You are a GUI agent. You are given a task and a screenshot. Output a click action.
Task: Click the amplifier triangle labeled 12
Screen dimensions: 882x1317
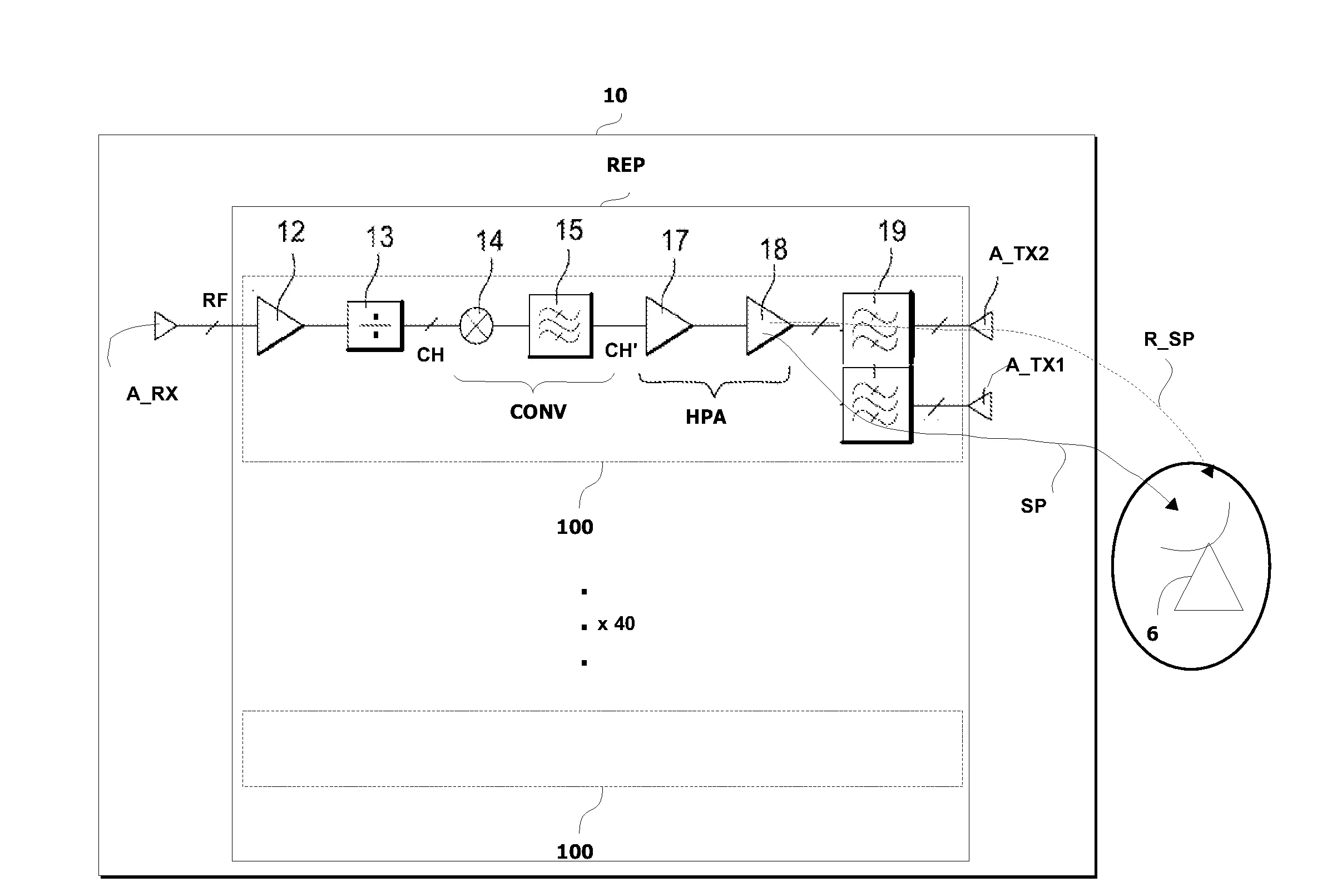[278, 326]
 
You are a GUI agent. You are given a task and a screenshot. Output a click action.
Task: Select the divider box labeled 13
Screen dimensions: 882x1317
[375, 326]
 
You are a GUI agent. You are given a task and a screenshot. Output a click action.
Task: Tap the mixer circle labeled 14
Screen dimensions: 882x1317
[477, 326]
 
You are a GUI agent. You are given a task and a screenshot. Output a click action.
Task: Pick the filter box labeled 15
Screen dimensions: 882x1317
[560, 326]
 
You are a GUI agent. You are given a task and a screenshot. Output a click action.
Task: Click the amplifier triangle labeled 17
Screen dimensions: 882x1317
[667, 326]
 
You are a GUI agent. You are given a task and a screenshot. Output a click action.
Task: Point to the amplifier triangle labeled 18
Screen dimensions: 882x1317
[767, 326]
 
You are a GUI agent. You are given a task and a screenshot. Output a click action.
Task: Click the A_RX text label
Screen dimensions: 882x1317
[152, 394]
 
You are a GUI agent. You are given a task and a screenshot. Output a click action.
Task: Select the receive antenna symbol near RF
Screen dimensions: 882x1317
[165, 326]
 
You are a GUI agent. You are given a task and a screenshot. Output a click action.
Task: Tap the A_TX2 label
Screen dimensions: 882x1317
[1018, 254]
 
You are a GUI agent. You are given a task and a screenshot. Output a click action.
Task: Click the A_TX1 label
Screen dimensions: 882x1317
[1034, 365]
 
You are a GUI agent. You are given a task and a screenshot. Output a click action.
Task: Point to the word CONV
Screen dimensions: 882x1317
[538, 412]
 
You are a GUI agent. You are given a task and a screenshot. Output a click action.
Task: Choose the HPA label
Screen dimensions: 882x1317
[705, 418]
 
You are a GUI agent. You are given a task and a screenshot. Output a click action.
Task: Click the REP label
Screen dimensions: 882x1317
[625, 165]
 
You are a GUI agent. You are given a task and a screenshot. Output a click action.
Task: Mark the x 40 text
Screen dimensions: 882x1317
[616, 624]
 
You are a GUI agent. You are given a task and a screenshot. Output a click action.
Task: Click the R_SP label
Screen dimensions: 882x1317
[1169, 339]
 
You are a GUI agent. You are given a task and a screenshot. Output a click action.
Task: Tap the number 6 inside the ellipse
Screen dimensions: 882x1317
[1152, 635]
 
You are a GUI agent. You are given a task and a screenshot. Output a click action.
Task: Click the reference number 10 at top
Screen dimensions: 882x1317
[615, 96]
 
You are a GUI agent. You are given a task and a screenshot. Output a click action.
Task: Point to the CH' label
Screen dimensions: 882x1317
[621, 351]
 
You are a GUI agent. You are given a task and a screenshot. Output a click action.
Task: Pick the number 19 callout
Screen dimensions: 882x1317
[892, 231]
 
